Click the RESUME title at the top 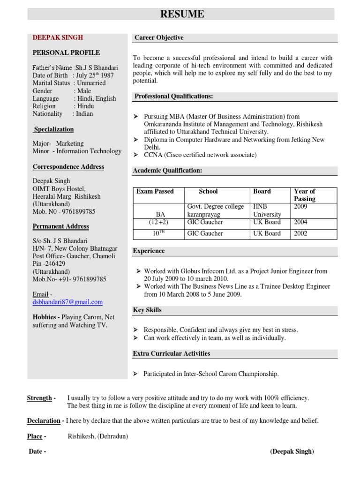click(x=182, y=14)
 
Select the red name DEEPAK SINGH click(x=58, y=37)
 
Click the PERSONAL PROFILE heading click(x=66, y=52)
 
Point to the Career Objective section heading click(x=159, y=37)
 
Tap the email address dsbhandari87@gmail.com click(x=67, y=302)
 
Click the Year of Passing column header click(x=304, y=195)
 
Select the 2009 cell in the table click(x=300, y=206)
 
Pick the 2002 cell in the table click(x=300, y=233)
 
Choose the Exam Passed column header click(x=155, y=191)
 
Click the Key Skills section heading click(x=148, y=310)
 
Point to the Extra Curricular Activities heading click(x=172, y=353)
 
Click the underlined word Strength click(x=40, y=398)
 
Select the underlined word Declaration click(x=44, y=420)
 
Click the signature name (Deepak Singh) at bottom click(x=292, y=451)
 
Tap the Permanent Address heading click(x=60, y=226)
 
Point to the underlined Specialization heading click(x=54, y=129)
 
